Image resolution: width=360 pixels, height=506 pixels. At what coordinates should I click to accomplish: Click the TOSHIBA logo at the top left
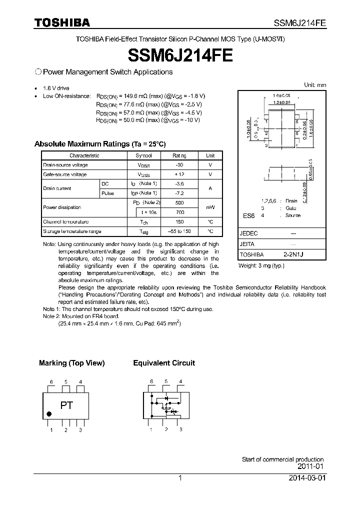(x=62, y=22)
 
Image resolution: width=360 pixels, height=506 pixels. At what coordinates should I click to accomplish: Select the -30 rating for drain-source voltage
(x=179, y=164)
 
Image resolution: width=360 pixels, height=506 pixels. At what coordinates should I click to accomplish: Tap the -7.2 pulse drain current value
(x=179, y=193)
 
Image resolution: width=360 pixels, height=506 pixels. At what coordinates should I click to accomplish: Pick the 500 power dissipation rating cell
(x=179, y=202)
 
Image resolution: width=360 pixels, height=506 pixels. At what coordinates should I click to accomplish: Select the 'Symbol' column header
(x=143, y=155)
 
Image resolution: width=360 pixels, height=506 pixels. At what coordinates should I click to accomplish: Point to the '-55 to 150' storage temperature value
(x=179, y=231)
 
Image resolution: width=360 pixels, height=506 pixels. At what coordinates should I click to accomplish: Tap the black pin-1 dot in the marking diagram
(x=49, y=414)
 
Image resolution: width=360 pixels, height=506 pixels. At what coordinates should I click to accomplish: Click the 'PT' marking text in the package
(x=66, y=405)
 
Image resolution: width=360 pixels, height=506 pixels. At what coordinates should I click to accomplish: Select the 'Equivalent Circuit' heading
(x=164, y=363)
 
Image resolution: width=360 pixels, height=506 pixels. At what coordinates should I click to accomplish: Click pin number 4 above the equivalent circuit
(x=180, y=381)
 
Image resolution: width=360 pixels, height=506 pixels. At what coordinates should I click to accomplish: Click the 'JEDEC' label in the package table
(x=249, y=233)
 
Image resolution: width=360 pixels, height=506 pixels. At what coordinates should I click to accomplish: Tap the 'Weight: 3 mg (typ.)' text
(x=261, y=265)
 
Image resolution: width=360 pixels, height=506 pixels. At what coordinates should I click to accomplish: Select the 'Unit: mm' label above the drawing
(x=315, y=85)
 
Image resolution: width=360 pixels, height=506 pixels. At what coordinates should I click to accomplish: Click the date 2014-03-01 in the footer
(x=307, y=478)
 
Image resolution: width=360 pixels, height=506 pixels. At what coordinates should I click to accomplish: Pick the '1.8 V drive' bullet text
(x=56, y=88)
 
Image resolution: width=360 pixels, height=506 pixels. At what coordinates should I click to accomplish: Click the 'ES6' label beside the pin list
(x=248, y=215)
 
